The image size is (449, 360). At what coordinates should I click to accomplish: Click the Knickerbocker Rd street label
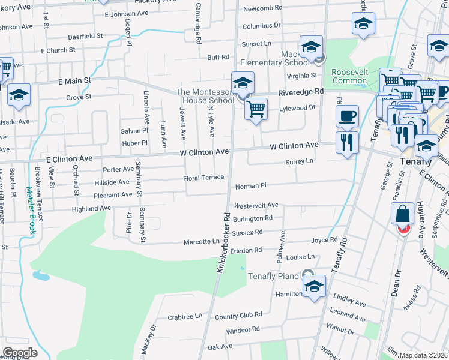pyautogui.click(x=223, y=241)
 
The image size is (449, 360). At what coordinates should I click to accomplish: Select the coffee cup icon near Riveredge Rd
pyautogui.click(x=346, y=115)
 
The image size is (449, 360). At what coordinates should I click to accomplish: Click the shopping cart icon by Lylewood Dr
pyautogui.click(x=256, y=109)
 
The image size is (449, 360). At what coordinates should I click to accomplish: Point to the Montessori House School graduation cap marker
pyautogui.click(x=243, y=83)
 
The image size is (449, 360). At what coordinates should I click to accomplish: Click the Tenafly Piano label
pyautogui.click(x=273, y=276)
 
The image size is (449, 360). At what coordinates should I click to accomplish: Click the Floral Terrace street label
pyautogui.click(x=203, y=178)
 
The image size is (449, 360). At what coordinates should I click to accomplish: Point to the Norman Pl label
pyautogui.click(x=250, y=187)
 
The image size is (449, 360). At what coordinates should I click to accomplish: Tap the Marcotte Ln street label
pyautogui.click(x=201, y=242)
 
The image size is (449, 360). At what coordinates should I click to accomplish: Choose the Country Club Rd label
pyautogui.click(x=238, y=314)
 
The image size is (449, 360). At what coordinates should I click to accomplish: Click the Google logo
pyautogui.click(x=20, y=353)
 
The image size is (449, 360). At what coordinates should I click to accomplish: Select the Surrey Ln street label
pyautogui.click(x=300, y=161)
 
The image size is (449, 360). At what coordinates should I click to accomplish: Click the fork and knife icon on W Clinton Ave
pyautogui.click(x=347, y=142)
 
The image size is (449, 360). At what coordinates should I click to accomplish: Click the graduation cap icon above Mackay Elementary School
pyautogui.click(x=312, y=47)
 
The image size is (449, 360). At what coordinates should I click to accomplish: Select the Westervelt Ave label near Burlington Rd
pyautogui.click(x=261, y=205)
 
